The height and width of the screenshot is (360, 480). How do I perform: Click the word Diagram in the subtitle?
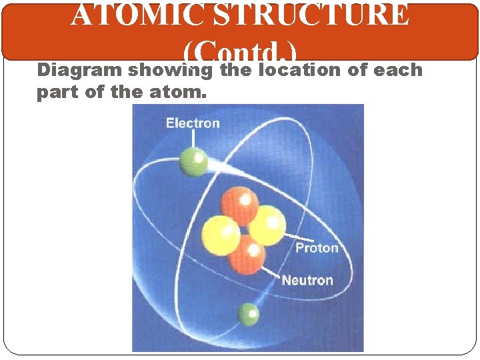coord(79,71)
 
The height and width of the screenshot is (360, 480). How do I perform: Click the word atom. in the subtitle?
coord(179,92)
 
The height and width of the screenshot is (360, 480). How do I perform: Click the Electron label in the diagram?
coord(193,123)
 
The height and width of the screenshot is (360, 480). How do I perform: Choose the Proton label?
coord(317,248)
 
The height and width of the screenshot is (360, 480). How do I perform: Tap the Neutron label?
coord(307,279)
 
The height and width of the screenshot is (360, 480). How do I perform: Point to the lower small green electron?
coord(249,314)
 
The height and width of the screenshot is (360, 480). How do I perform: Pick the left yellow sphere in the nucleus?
coord(221,234)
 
